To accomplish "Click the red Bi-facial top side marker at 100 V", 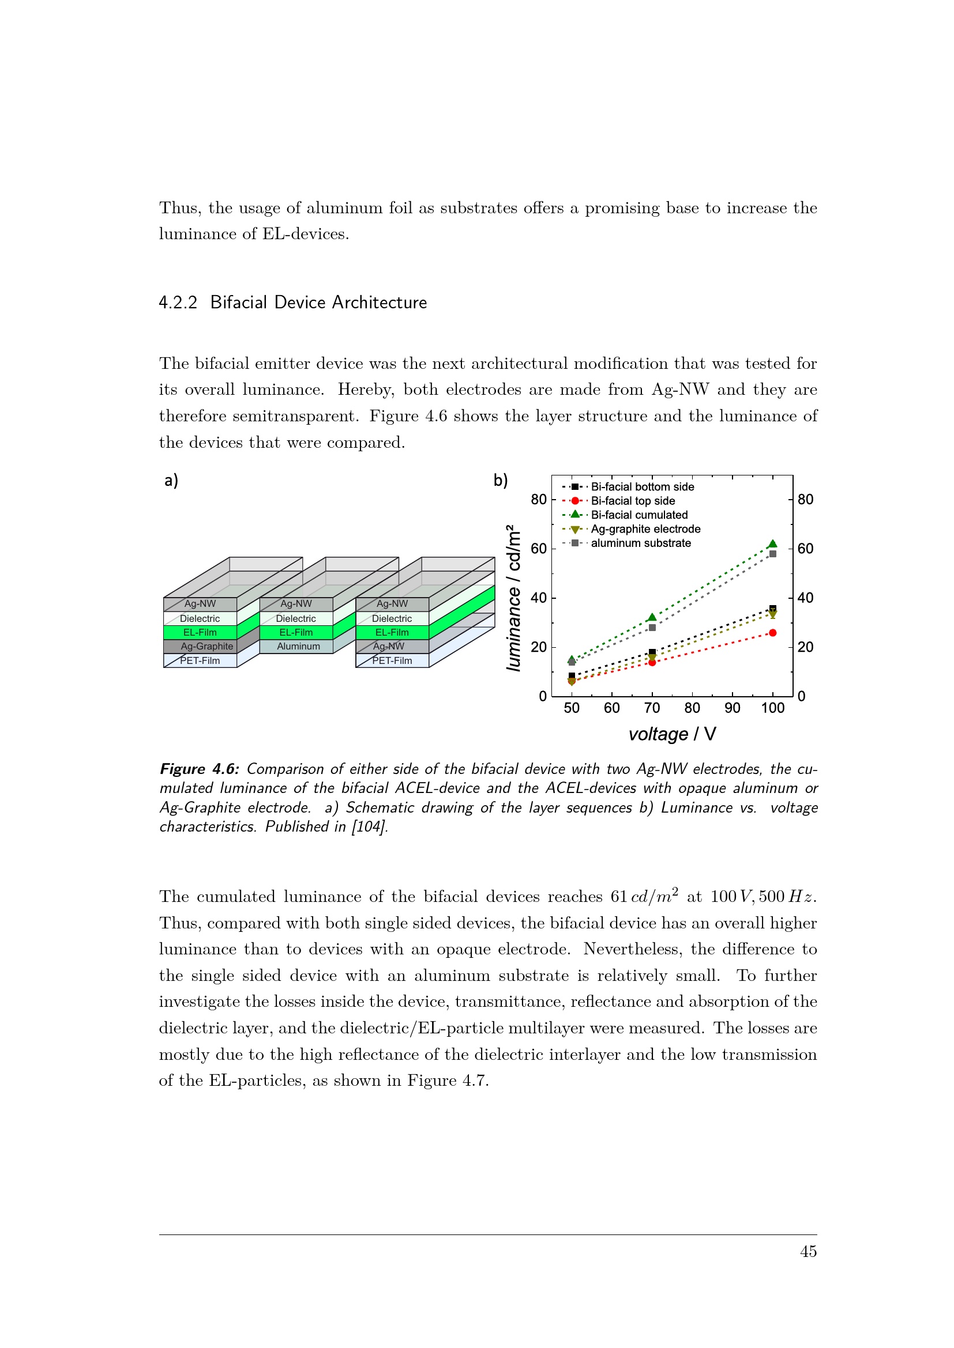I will tap(772, 633).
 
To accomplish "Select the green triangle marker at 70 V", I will tap(652, 618).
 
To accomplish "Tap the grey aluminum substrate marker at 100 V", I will tap(772, 554).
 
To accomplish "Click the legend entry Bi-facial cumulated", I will tap(639, 515).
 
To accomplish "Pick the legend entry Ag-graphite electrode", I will tap(645, 529).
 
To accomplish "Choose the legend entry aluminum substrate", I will tap(640, 543).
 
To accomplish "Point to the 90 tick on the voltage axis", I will tap(732, 708).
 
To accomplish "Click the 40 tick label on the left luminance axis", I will tap(539, 598).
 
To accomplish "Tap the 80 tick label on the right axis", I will tap(805, 500).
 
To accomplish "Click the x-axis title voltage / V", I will tap(672, 734).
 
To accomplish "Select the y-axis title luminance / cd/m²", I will tap(513, 598).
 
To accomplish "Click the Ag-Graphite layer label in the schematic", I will tap(207, 647).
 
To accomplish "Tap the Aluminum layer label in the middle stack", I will tap(298, 647).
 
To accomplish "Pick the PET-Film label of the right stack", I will tap(392, 660).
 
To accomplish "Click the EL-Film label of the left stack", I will tap(200, 632).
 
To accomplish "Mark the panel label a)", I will tap(171, 481).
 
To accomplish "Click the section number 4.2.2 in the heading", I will tap(178, 303).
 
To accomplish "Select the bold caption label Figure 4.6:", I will tap(199, 769).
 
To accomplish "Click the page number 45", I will tap(808, 1252).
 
